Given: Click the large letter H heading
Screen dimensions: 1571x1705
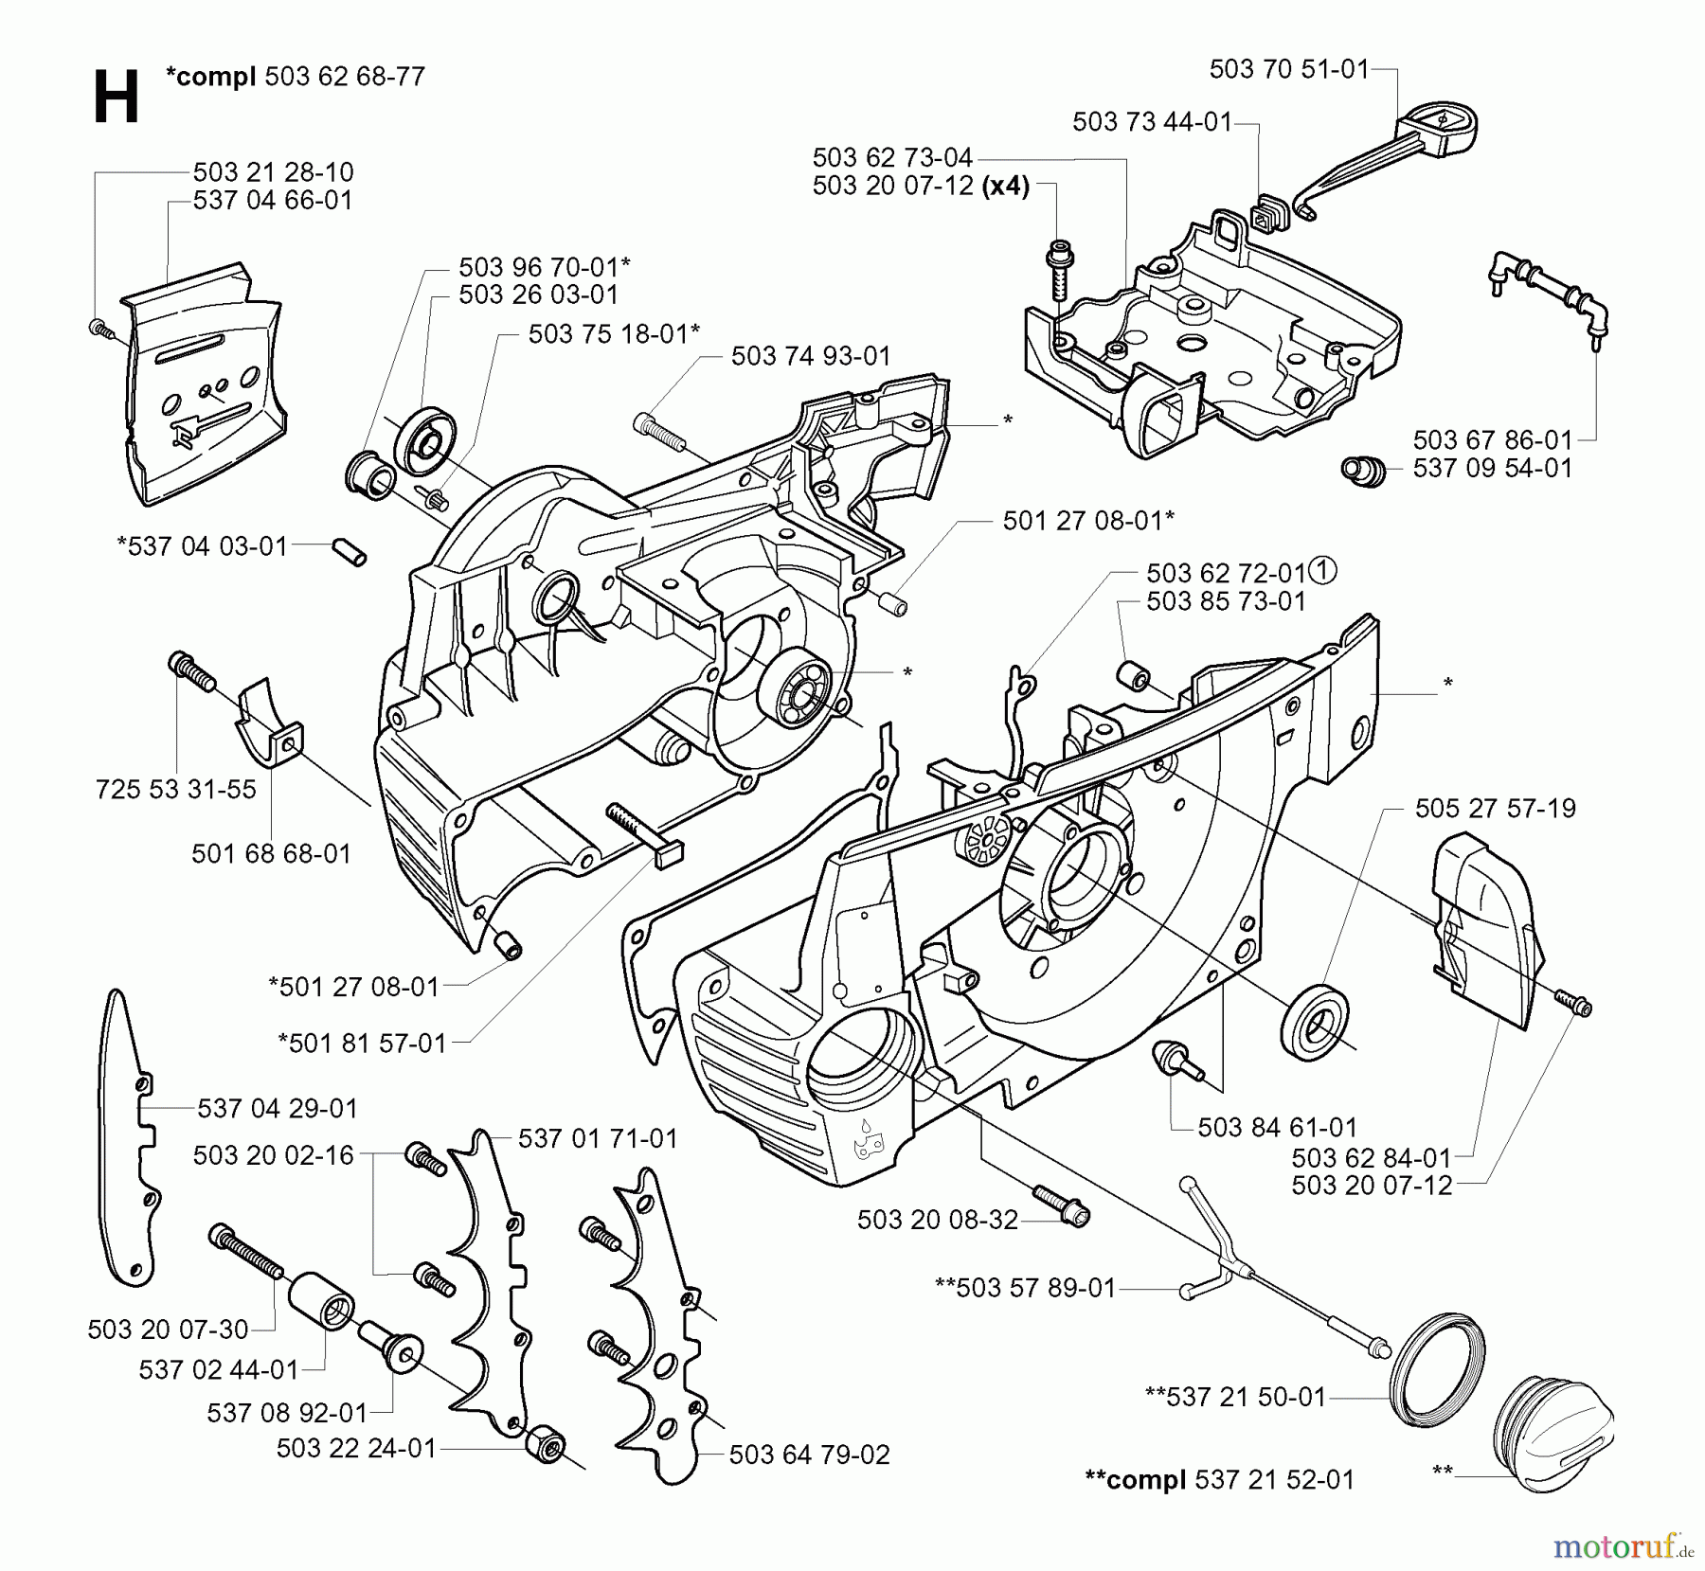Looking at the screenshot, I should coord(116,98).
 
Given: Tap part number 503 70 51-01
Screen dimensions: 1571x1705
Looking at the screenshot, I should coord(1289,69).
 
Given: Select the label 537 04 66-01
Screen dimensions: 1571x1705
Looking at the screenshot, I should coord(273,201).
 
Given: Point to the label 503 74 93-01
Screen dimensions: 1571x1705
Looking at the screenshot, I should coord(811,356).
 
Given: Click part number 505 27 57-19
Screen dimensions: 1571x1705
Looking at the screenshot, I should coord(1495,808).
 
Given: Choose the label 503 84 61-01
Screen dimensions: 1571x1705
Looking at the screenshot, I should coord(1277,1127).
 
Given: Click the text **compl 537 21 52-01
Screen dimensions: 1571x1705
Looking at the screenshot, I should coord(1219,1478).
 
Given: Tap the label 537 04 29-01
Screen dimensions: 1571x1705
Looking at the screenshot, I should coord(278,1107).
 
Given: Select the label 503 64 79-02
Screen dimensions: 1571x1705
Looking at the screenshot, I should coord(809,1455).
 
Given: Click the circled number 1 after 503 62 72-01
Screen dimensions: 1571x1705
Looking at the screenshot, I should coord(1323,571).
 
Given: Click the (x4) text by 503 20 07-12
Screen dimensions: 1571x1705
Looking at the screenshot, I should coord(1005,186).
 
